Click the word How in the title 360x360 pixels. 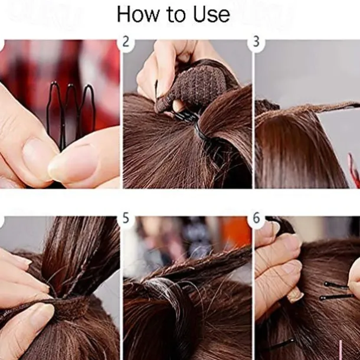tap(138, 14)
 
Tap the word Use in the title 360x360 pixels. tap(211, 14)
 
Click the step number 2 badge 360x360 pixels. tap(126, 42)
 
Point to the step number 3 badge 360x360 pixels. tap(256, 42)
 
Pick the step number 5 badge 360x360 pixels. tap(126, 218)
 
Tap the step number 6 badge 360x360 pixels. tap(256, 218)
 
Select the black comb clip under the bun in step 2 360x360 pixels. tap(186, 117)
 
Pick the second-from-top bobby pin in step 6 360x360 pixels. tap(336, 297)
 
